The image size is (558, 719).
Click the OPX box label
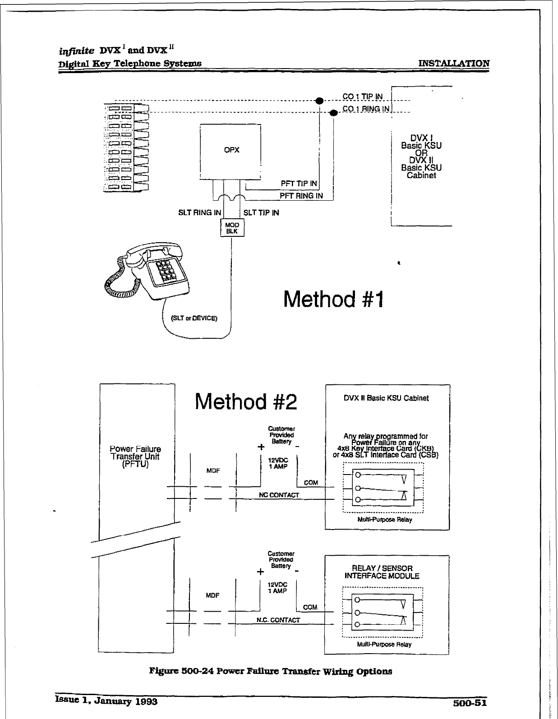pyautogui.click(x=231, y=150)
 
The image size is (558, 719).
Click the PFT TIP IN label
pyautogui.click(x=299, y=184)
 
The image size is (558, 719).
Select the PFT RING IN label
pyautogui.click(x=301, y=196)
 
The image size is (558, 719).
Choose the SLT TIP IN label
pyautogui.click(x=261, y=212)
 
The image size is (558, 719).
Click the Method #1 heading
pyautogui.click(x=333, y=299)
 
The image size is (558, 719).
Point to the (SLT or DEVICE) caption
pyautogui.click(x=194, y=318)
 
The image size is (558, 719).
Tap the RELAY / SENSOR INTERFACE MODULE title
pyautogui.click(x=382, y=572)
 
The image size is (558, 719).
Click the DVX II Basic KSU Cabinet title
pyautogui.click(x=386, y=398)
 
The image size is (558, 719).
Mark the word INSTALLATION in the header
pyautogui.click(x=454, y=64)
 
